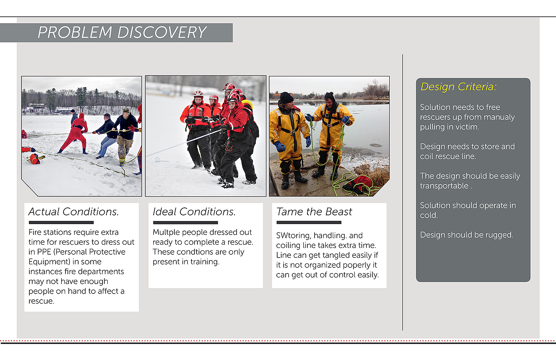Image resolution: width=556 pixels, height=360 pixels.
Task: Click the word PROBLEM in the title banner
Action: pos(75,32)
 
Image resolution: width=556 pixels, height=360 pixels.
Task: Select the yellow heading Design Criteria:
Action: pos(458,87)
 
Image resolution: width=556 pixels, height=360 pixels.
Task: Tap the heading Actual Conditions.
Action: pos(73,212)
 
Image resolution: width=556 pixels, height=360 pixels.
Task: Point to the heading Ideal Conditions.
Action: pos(194,212)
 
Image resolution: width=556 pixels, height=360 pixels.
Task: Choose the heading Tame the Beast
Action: pos(314,212)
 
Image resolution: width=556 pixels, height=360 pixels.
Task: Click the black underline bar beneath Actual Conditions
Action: pos(61,223)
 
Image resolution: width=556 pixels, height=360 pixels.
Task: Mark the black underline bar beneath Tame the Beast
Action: pos(309,223)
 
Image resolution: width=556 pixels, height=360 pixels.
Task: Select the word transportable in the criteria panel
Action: pos(444,186)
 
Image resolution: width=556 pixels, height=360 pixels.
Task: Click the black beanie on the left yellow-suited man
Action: pos(286,98)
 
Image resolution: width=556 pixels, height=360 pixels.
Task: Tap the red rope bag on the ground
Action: pos(358,184)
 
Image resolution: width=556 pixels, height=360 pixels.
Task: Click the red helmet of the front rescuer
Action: pos(234,97)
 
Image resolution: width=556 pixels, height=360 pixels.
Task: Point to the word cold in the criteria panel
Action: pos(429,215)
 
